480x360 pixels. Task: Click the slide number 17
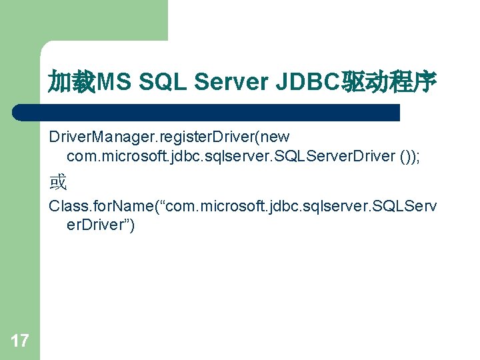click(x=20, y=341)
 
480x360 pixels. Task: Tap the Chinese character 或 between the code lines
click(x=58, y=181)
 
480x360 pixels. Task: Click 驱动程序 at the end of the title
click(x=389, y=83)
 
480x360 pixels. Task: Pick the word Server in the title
click(x=231, y=83)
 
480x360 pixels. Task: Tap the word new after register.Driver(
click(x=275, y=137)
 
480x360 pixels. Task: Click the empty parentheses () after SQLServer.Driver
click(x=407, y=156)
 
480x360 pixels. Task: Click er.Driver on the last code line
click(x=96, y=225)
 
